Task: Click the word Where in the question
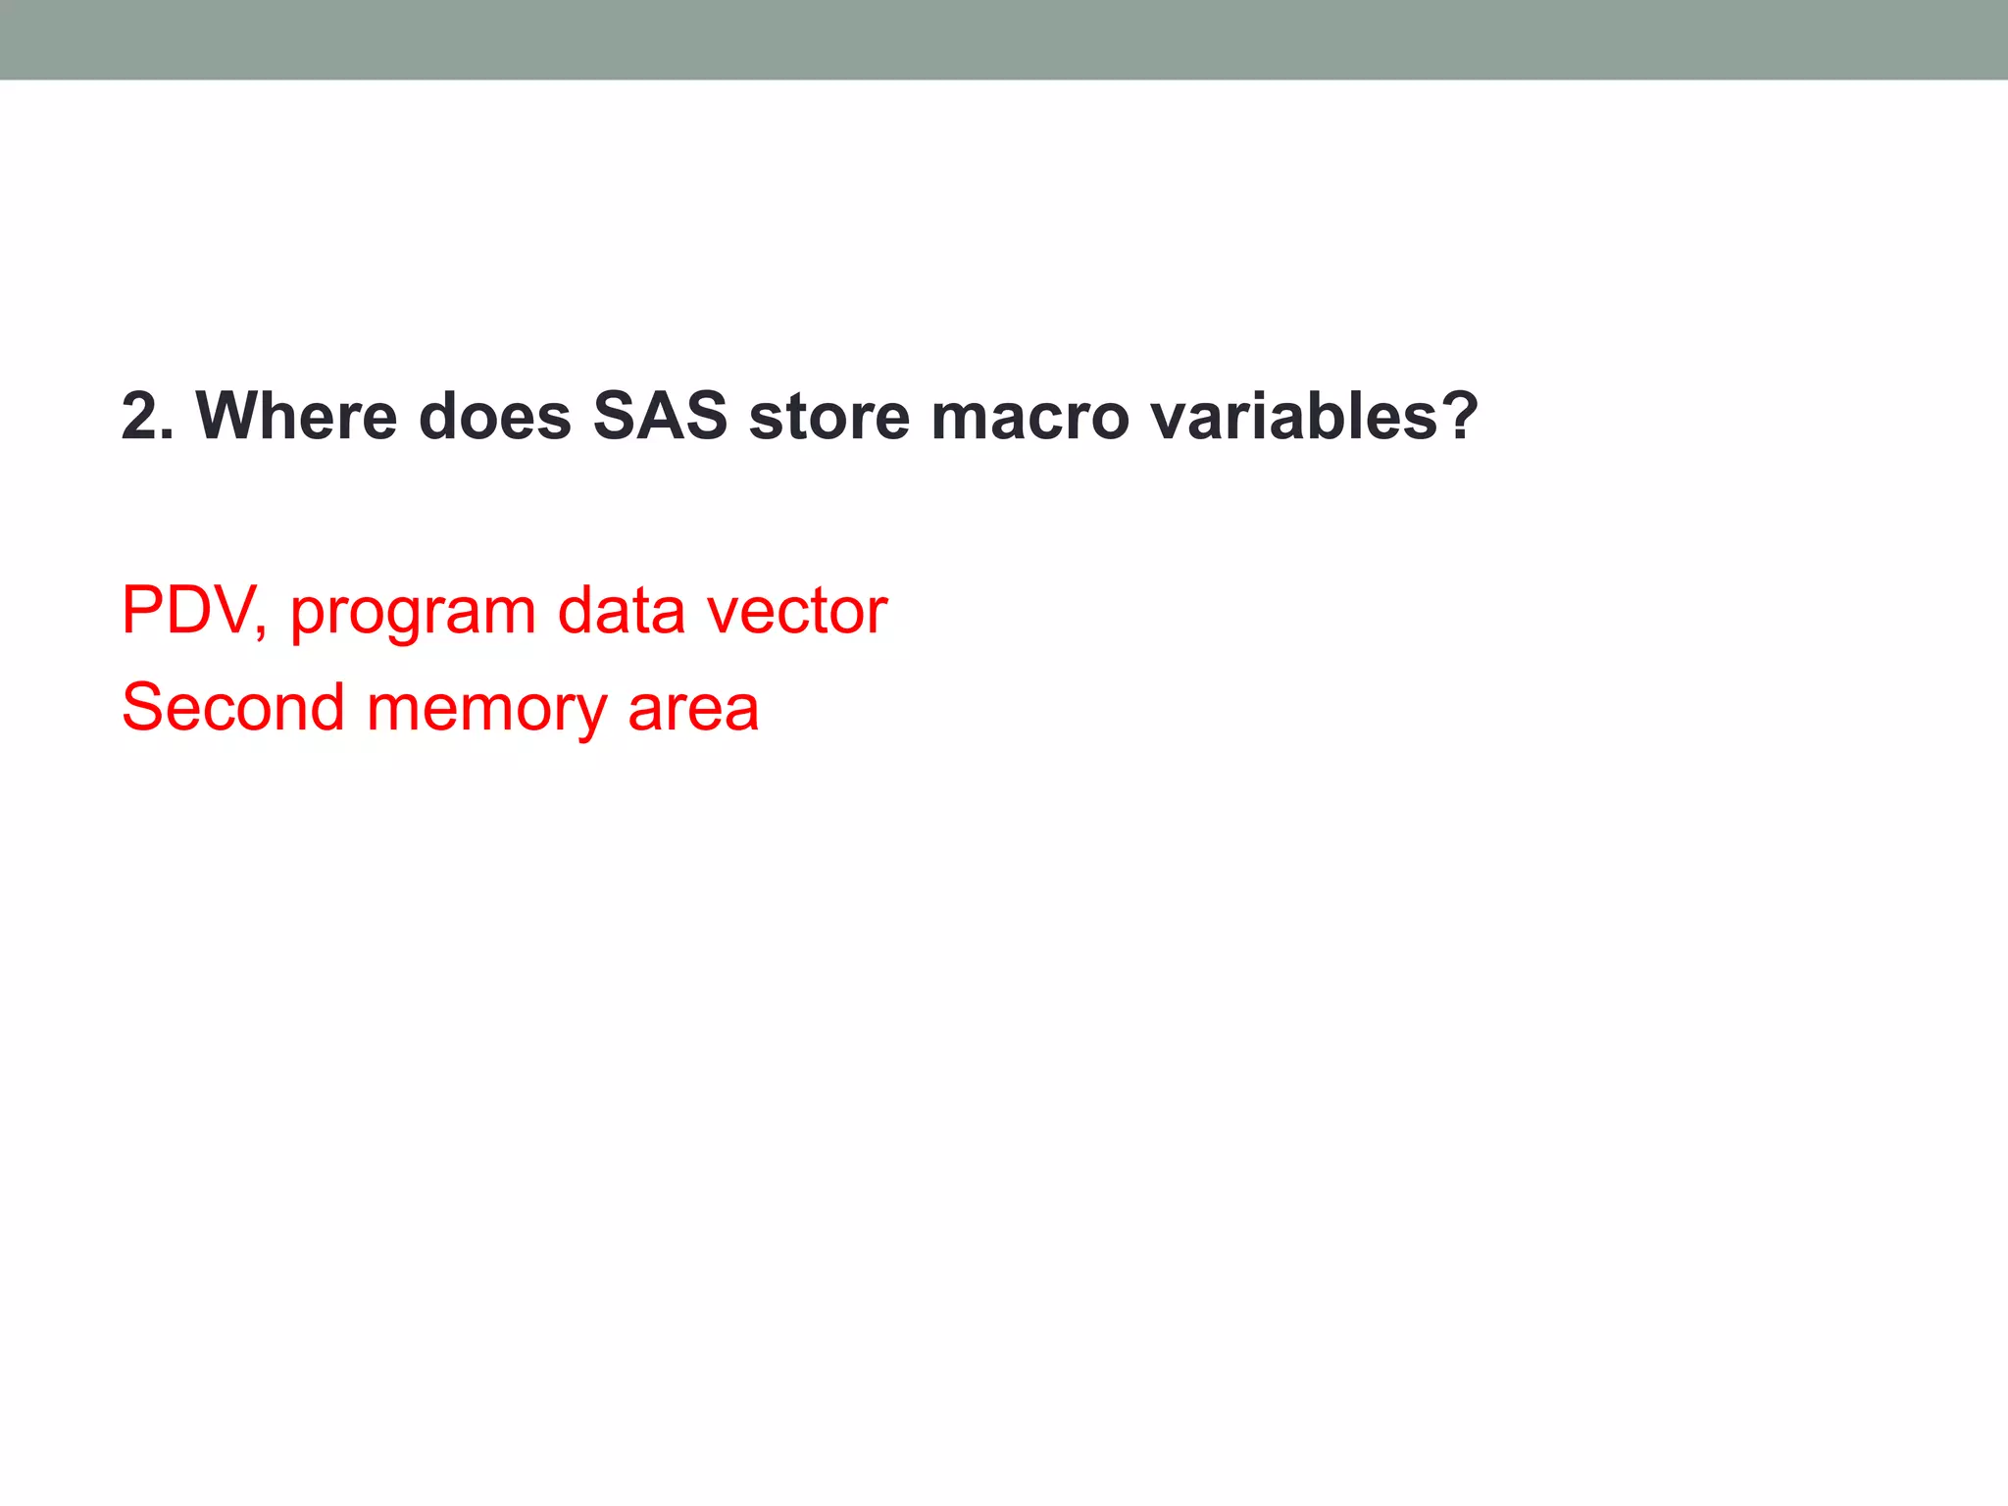(x=296, y=417)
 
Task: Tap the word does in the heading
(x=494, y=417)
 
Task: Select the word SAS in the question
(x=660, y=417)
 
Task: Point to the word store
(x=829, y=417)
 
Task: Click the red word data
(x=621, y=611)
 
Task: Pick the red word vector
(x=797, y=611)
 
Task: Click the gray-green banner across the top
(x=1004, y=39)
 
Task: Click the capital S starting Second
(x=142, y=708)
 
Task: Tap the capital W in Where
(x=229, y=417)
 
